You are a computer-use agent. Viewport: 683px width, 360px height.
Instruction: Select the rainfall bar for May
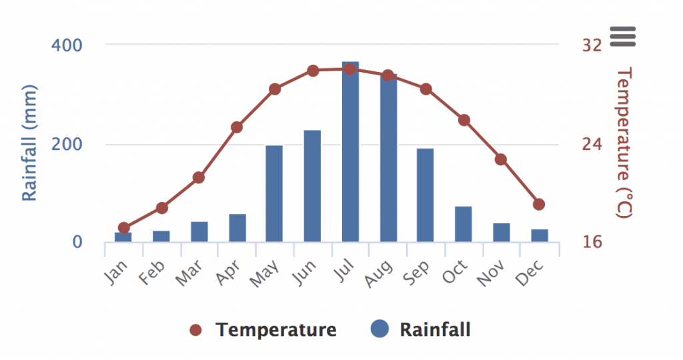point(274,193)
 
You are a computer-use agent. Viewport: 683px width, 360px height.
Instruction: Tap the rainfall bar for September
point(426,195)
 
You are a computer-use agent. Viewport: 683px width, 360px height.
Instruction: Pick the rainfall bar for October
point(464,224)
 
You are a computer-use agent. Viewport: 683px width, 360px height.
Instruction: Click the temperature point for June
point(313,71)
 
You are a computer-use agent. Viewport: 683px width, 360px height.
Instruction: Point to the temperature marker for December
point(539,204)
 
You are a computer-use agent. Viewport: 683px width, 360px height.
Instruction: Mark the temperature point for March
point(198,177)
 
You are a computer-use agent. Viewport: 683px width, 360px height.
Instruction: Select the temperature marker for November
point(501,159)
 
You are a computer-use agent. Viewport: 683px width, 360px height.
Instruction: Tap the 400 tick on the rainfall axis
point(67,45)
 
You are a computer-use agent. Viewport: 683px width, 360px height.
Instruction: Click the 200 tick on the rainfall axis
point(67,145)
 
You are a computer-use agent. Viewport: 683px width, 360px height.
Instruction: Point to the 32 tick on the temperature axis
point(592,45)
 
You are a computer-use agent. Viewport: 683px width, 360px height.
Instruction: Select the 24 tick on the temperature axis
point(592,145)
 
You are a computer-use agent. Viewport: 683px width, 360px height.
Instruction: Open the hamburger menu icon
point(624,36)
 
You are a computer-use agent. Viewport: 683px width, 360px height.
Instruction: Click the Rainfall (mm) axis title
point(29,143)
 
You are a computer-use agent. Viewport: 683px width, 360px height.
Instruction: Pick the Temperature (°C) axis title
point(624,143)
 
